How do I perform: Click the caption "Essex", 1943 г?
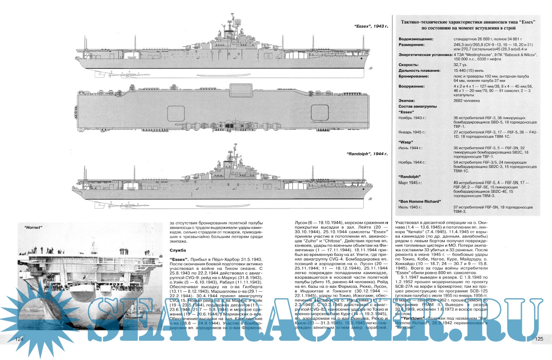coord(371,26)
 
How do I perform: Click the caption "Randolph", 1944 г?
coord(367,154)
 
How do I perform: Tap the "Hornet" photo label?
coord(32,228)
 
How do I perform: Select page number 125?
coord(539,339)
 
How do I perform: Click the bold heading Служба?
coord(178,250)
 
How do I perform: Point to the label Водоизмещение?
coord(416,39)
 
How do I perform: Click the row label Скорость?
coord(408,65)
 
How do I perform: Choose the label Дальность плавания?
coord(419,71)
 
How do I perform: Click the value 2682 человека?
coord(466,101)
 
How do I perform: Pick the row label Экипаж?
coord(407,101)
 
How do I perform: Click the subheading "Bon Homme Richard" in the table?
coord(420,202)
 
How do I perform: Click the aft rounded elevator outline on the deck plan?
coord(175,113)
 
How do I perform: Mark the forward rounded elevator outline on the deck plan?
coord(319,113)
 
